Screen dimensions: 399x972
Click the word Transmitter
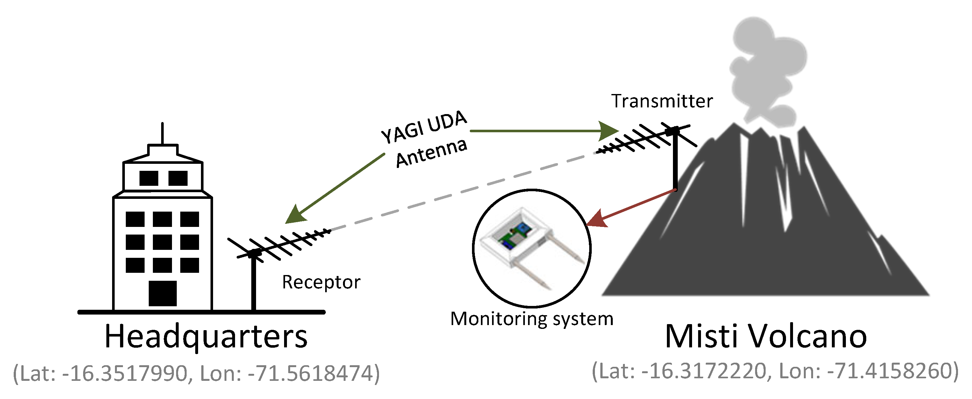click(x=661, y=101)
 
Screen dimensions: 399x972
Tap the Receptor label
click(x=321, y=282)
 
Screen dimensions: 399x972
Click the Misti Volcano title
click(x=766, y=336)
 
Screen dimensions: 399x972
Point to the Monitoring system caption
click(x=532, y=319)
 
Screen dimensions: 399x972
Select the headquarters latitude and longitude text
click(x=196, y=374)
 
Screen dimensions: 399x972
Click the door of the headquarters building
click(x=163, y=293)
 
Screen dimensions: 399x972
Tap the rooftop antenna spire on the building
click(x=162, y=133)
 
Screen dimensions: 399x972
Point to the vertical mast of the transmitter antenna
click(x=675, y=162)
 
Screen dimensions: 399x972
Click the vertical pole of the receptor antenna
click(x=254, y=283)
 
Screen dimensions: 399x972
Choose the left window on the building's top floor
click(x=149, y=178)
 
